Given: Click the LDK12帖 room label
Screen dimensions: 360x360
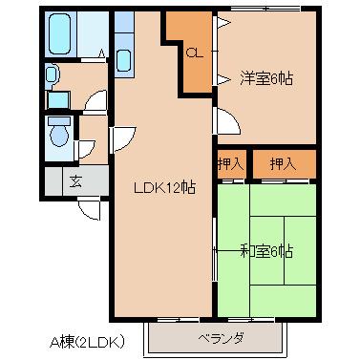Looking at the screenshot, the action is [164, 188].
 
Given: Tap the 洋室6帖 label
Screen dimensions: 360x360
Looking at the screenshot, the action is [266, 78].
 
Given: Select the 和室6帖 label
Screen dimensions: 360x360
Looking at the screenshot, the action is [266, 251].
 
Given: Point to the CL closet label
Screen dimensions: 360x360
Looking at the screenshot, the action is [194, 53].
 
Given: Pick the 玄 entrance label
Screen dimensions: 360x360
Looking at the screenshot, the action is [75, 181].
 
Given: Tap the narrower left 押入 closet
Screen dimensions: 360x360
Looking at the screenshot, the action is [231, 164].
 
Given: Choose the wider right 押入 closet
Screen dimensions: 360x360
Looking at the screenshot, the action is [285, 164].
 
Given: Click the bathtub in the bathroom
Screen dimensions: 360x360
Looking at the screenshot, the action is [59, 33].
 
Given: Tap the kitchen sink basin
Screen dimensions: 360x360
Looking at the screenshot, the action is [123, 60].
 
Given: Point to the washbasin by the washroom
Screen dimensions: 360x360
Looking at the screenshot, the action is [51, 75].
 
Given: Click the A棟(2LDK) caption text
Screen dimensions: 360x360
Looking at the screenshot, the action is [87, 342].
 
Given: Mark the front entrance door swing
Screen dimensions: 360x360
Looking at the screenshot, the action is [90, 208].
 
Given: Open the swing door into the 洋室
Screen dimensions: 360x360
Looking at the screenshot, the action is [226, 121].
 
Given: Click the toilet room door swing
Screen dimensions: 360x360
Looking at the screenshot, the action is [85, 149].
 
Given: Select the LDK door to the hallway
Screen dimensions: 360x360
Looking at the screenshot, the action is [123, 139].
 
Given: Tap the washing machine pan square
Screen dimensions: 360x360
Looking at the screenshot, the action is [58, 100].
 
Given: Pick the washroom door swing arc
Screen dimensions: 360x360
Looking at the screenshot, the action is [95, 102].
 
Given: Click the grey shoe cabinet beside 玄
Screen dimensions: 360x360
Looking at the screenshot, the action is [53, 180].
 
